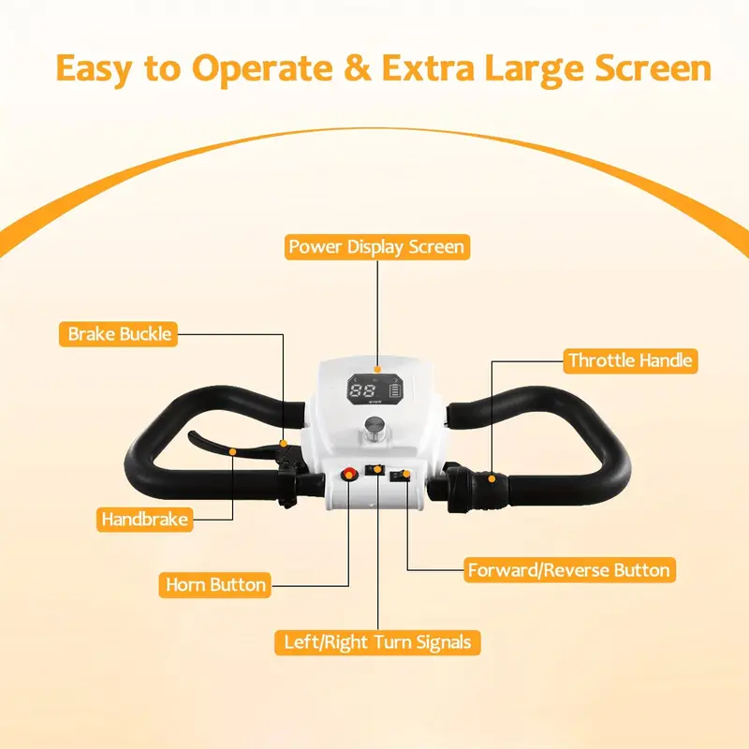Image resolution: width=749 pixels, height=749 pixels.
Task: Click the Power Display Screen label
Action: coord(377,247)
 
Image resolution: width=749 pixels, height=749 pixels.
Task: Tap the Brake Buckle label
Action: coord(119,334)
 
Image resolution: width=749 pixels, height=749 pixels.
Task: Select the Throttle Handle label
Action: coord(630,360)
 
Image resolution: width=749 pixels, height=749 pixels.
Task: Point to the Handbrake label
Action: coord(145,520)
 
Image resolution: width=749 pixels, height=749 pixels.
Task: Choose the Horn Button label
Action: coord(215,584)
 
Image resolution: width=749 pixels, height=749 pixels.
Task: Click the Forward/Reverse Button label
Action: coord(569,570)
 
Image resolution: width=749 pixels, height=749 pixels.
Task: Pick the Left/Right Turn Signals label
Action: coord(377,642)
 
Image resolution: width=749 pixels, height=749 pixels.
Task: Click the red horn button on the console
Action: coord(349,475)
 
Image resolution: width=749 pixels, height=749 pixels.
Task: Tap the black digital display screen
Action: coord(375,389)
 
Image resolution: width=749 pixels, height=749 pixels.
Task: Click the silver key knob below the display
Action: coord(374,427)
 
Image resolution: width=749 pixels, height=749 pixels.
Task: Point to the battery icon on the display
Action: coord(395,390)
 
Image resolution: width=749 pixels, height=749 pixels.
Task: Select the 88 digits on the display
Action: coord(362,390)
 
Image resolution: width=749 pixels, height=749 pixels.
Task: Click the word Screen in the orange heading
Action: coord(653,68)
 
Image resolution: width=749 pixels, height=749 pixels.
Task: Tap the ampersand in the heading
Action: coord(358,67)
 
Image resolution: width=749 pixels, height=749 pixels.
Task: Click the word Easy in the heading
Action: coord(94,69)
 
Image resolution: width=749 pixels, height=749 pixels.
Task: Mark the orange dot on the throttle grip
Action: coord(492,478)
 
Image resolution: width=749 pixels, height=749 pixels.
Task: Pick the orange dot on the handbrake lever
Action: coord(232,452)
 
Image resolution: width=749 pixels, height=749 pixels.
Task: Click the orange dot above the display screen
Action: coord(377,369)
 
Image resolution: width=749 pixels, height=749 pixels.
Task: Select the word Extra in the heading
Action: coord(428,68)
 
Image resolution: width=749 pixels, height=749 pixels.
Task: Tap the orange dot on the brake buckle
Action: coord(284,444)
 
